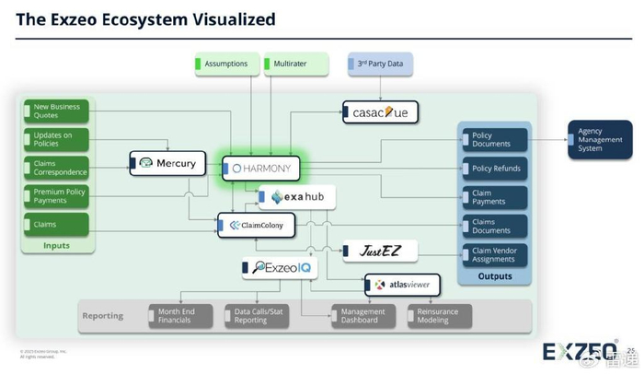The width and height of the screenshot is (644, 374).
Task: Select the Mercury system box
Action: coord(166,163)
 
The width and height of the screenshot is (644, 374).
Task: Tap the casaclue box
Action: coord(380,112)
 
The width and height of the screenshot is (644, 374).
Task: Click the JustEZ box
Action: coord(380,250)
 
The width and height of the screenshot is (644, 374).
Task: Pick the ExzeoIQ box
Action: coord(279,268)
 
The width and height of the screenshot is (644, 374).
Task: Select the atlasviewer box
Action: coord(402,285)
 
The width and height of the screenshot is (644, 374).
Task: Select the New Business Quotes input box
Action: coord(56,111)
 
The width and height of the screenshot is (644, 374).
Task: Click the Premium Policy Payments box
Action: coord(56,196)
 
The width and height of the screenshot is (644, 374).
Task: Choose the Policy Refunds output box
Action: coord(496,169)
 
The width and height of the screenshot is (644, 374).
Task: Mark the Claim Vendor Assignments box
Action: coord(496,254)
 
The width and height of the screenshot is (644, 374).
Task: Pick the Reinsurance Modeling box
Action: coord(440,316)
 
